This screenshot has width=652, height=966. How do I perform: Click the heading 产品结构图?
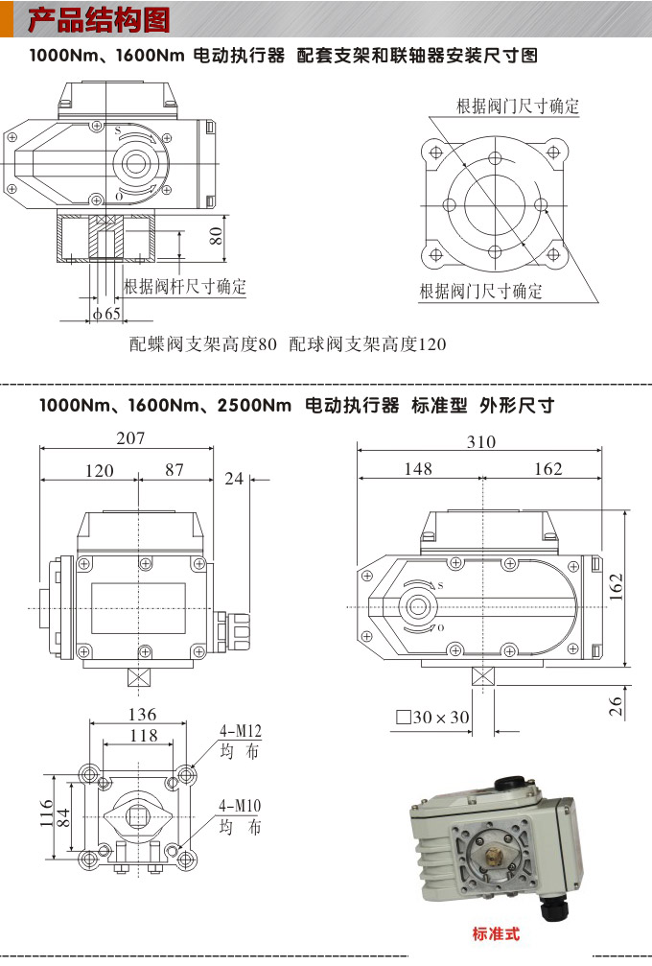(x=100, y=18)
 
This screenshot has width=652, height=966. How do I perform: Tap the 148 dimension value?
(x=418, y=469)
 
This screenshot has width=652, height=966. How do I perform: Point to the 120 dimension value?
(x=99, y=471)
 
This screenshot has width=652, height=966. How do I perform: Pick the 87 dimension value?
(x=175, y=470)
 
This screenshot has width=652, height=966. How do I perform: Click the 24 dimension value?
(x=234, y=479)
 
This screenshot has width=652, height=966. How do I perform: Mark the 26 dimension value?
(x=617, y=706)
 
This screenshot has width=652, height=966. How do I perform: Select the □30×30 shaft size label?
(x=432, y=717)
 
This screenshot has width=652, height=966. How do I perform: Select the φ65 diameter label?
(x=106, y=314)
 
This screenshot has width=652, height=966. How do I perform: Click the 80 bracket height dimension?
(x=217, y=234)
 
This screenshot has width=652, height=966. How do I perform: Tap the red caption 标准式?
(x=496, y=933)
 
